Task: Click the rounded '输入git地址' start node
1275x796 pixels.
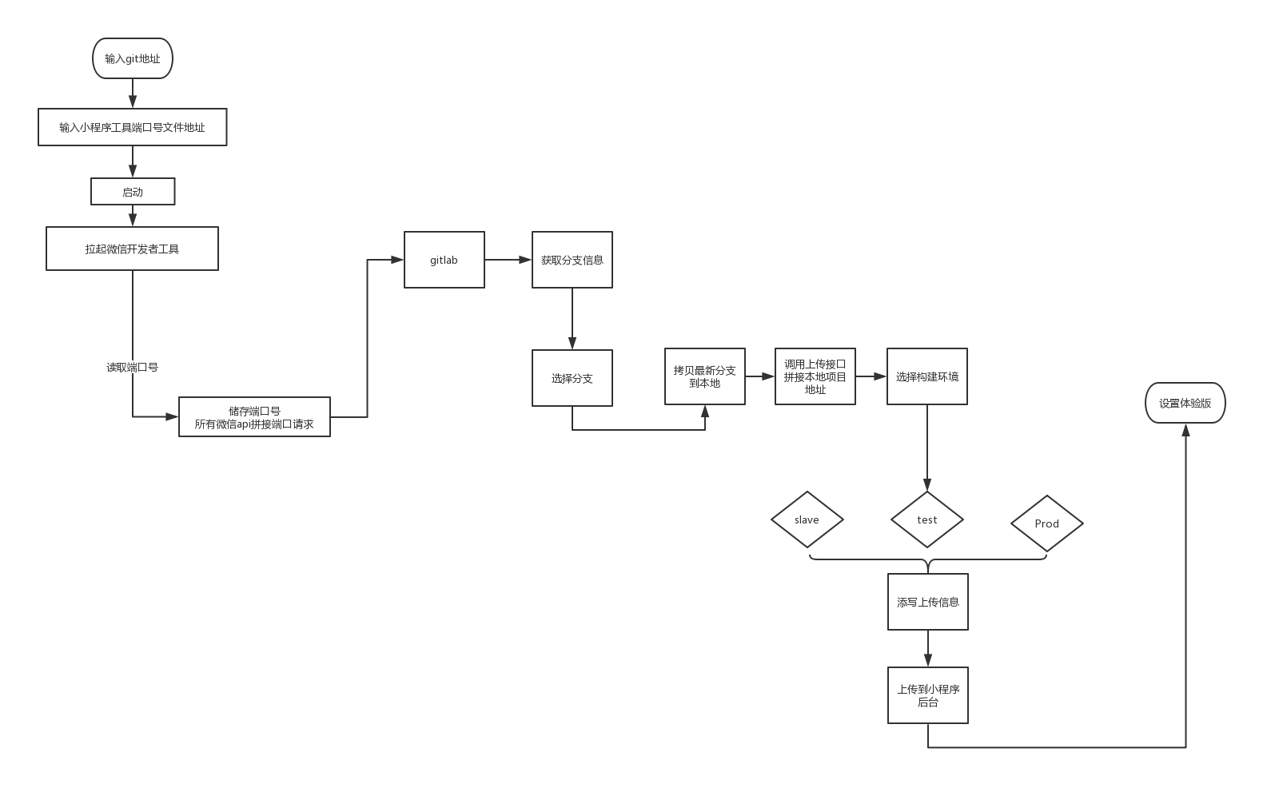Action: coord(133,58)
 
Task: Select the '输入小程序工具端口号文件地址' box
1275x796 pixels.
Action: coord(133,127)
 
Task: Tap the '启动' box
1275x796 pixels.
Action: coord(133,192)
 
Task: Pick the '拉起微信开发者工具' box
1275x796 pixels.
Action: coord(132,249)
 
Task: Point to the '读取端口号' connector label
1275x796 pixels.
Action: coord(133,368)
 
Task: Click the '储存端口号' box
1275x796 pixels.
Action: coord(254,417)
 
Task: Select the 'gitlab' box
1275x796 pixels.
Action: coord(444,260)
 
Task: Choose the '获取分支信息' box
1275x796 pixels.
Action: coord(572,260)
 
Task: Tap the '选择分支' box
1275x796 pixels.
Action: coord(572,378)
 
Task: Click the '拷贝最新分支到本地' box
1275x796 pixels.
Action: coord(704,376)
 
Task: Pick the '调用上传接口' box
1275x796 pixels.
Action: coord(815,376)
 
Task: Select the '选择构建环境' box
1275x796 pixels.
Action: coord(927,376)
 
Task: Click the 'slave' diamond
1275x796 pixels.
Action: coord(807,519)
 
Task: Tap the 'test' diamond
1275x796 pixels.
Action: coord(927,519)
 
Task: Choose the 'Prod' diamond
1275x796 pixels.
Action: coord(1047,523)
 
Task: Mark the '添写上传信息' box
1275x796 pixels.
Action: coord(927,602)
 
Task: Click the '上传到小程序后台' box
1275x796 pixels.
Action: coord(927,695)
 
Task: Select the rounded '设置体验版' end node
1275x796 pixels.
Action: coord(1185,403)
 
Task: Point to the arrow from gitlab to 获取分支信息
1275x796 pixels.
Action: coord(508,260)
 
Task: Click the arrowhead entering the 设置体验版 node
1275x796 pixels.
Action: coord(1185,430)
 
